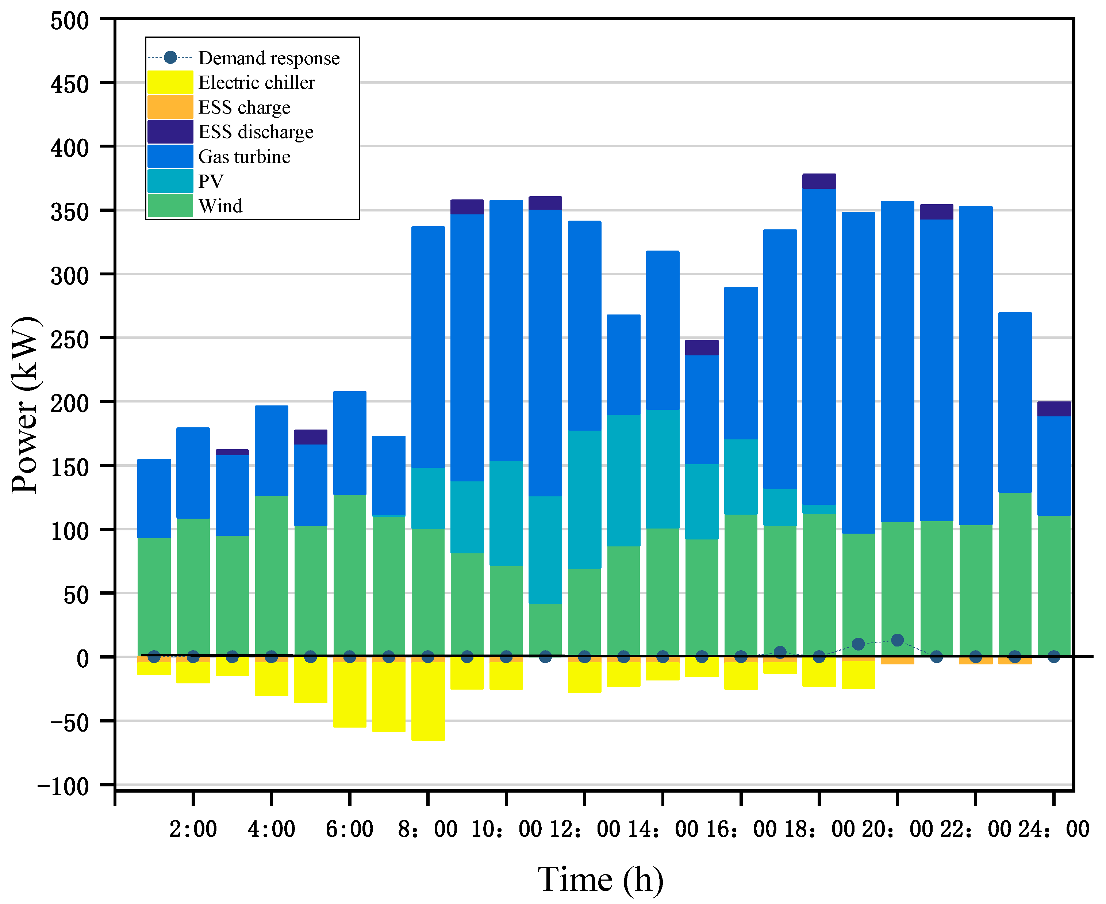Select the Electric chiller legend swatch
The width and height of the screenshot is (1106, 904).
(170, 82)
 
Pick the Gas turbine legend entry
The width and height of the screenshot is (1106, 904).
(244, 157)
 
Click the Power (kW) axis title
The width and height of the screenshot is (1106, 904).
(25, 405)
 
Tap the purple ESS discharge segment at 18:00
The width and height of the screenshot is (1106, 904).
(819, 181)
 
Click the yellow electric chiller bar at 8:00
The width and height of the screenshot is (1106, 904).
(428, 701)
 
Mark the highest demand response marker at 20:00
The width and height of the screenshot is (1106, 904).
(897, 640)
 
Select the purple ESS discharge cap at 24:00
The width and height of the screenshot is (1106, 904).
(1054, 409)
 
